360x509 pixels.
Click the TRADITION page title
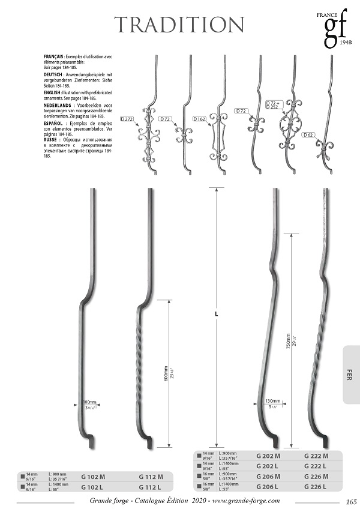[179, 25]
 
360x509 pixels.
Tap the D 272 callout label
[127, 119]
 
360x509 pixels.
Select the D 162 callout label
[199, 119]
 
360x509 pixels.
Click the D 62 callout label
[308, 135]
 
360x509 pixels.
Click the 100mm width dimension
[89, 402]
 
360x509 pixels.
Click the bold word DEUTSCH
[54, 74]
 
